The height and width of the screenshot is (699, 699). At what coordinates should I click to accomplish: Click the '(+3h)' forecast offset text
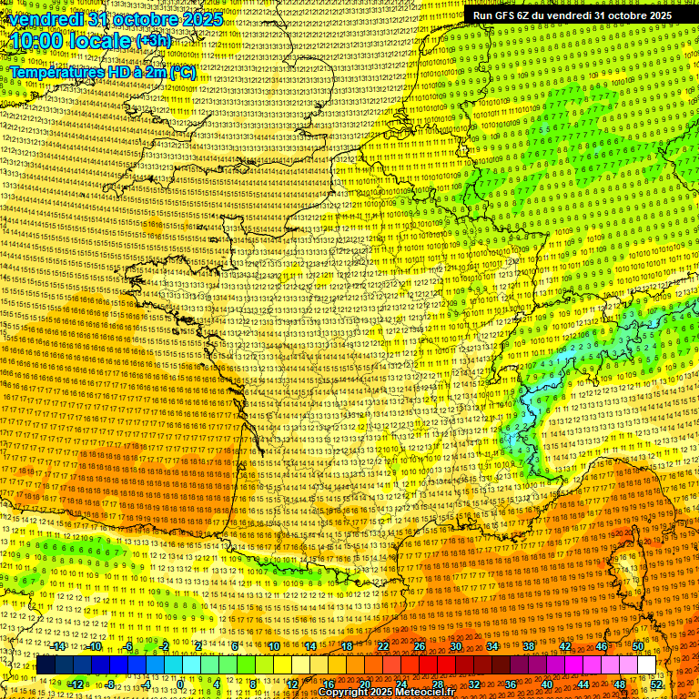152,42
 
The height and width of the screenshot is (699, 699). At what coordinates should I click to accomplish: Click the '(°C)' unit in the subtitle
180,71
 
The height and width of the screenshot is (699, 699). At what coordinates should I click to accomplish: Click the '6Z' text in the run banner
525,15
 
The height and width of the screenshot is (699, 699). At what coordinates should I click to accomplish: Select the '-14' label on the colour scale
59,646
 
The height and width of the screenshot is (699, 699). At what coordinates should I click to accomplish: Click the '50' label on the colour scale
637,646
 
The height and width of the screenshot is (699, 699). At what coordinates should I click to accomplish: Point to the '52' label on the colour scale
656,684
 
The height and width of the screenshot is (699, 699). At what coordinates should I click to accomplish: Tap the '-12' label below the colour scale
76,684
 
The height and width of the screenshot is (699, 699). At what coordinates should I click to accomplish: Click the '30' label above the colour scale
455,646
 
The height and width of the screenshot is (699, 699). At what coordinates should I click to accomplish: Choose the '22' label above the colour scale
383,646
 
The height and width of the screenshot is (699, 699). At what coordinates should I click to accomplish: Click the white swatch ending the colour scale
646,665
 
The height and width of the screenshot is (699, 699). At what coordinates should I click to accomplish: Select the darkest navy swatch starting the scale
46,665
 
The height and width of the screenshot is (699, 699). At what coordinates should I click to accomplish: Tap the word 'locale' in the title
100,42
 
